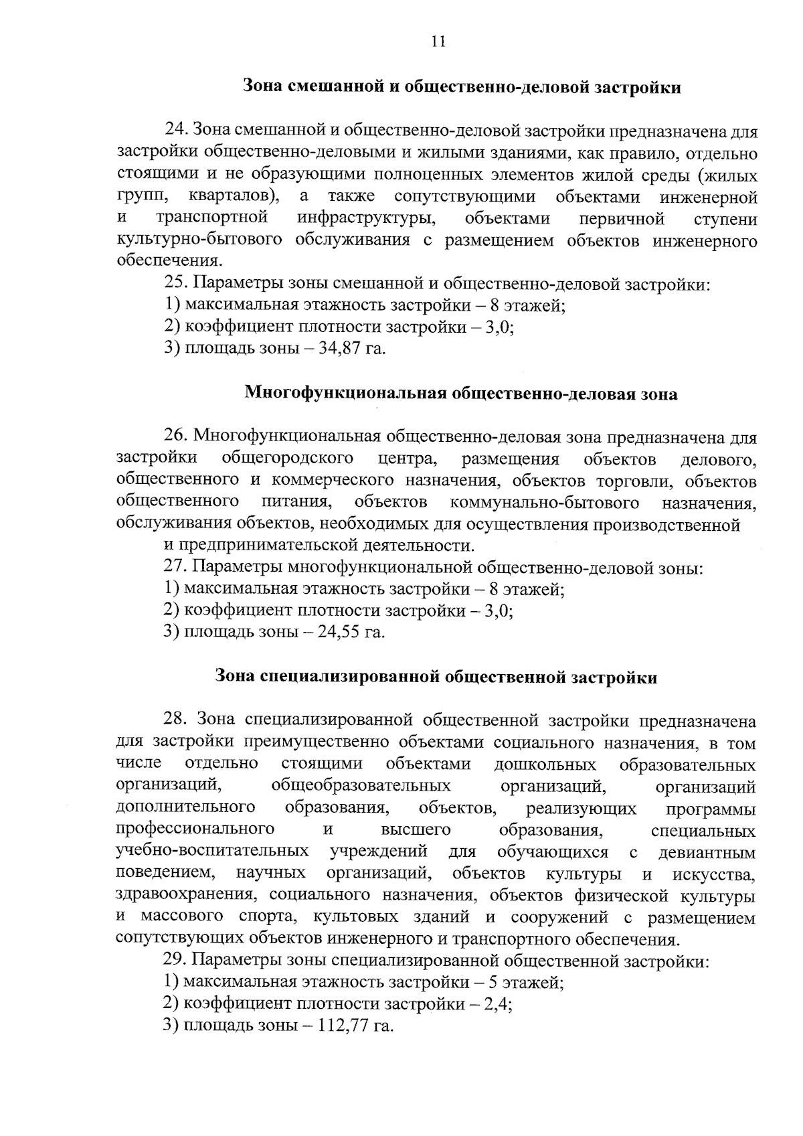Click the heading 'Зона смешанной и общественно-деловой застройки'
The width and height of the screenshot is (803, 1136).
pos(462,87)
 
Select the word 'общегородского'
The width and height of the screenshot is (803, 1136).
pos(287,459)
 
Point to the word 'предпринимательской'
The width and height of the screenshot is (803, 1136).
pos(274,546)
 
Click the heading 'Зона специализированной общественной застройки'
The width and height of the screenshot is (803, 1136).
pos(436,677)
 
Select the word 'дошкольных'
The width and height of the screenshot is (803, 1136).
pos(545,764)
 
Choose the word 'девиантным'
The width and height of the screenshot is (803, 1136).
pos(707,853)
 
